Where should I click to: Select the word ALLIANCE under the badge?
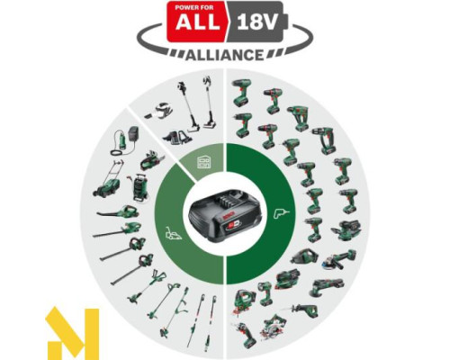point(225,53)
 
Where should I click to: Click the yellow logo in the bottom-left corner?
point(72,332)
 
